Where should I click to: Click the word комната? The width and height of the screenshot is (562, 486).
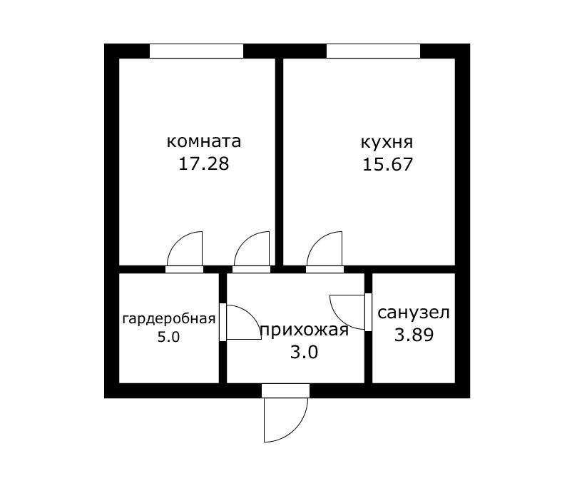pos(203,141)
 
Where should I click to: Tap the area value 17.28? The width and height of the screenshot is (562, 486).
pos(203,163)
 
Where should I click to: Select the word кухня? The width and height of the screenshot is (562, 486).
pos(387,141)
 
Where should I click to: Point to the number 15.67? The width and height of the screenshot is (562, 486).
pos(387,164)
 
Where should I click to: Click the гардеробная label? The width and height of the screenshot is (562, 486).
pos(168,318)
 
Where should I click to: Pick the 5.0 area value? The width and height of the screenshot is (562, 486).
pos(168,337)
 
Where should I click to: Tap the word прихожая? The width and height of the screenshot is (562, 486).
pos(304,330)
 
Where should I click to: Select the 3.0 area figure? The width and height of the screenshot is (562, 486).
pos(304,352)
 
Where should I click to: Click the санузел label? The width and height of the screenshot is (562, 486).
pos(414,313)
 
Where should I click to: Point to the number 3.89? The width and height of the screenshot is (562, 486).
pos(414,334)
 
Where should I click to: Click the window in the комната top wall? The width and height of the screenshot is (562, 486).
pos(196,51)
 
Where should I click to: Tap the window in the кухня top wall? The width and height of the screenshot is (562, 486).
pos(373,51)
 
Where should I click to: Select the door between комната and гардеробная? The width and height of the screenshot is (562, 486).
pos(184,269)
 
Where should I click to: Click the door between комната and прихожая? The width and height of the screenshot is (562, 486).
pos(252,269)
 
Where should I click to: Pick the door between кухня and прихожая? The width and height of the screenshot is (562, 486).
pos(325,269)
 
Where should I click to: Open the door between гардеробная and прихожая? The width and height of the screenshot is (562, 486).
pos(223,322)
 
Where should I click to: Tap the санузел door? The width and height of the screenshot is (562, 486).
pos(368,312)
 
